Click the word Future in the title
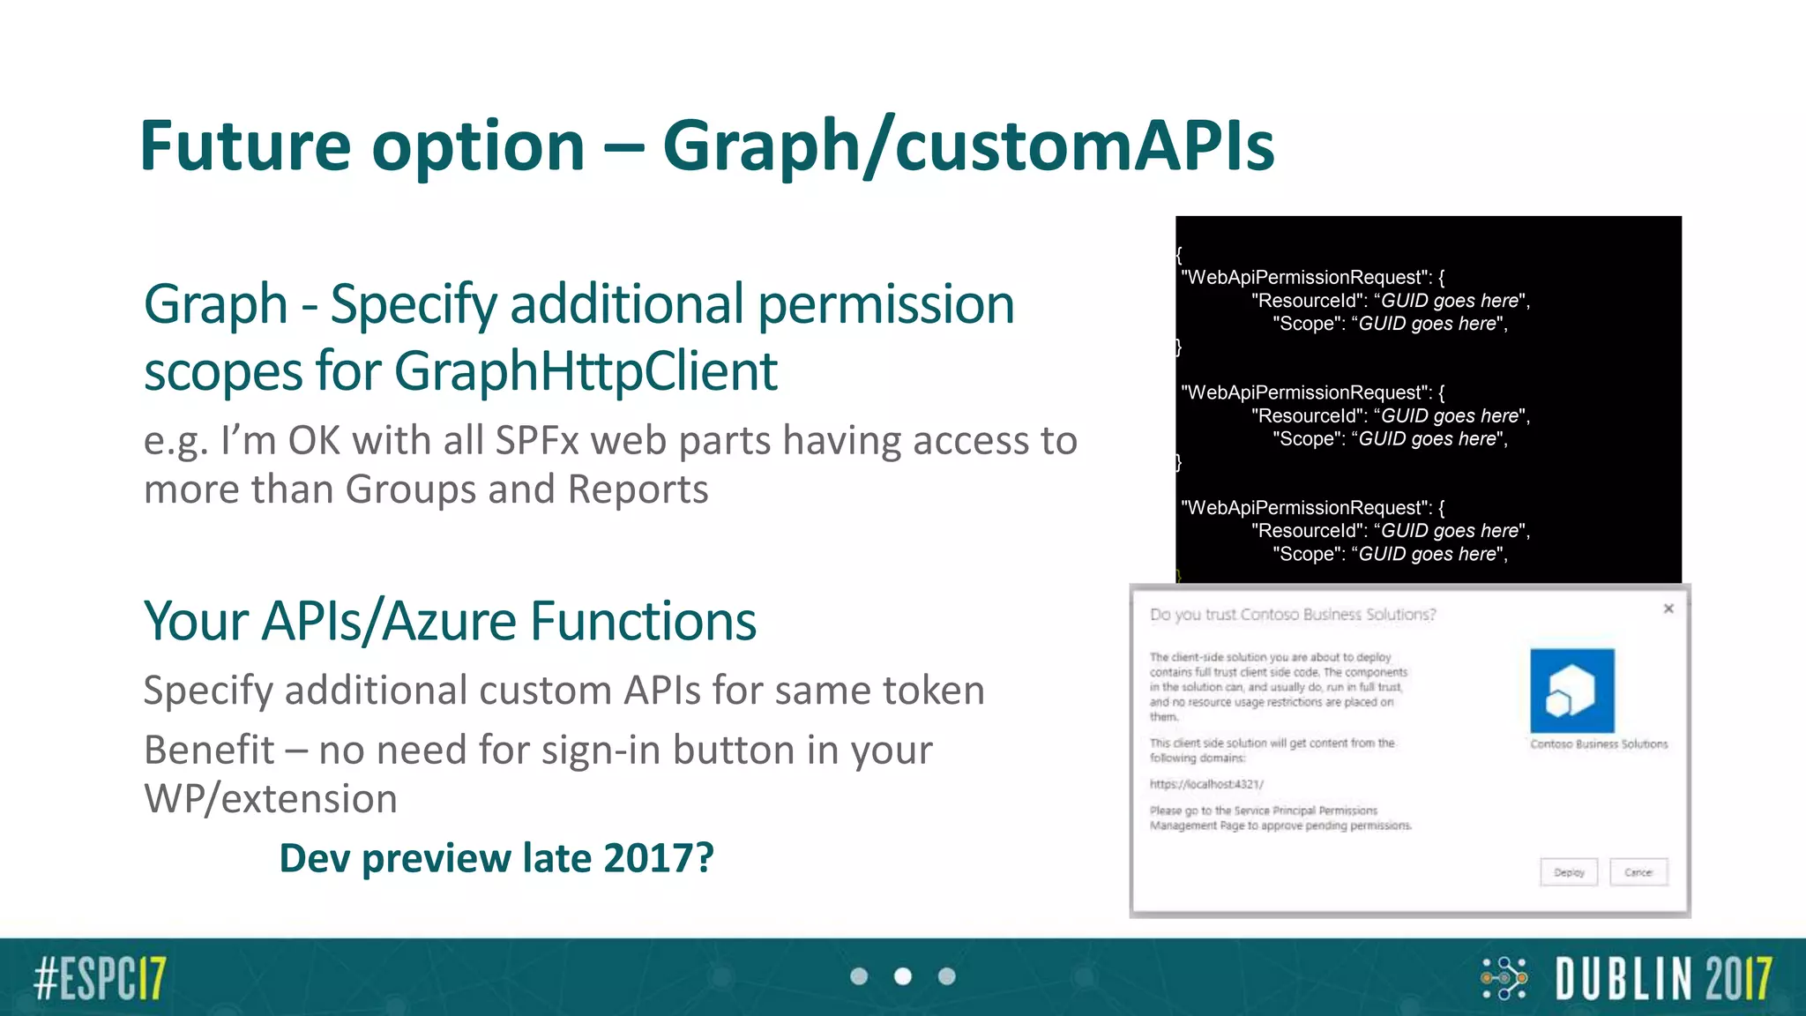pos(244,146)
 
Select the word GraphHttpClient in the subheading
pos(586,370)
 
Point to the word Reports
pos(638,489)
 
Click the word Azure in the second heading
pos(449,621)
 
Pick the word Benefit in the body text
pos(209,750)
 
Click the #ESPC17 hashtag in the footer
pos(100,977)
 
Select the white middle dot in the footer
pos(902,976)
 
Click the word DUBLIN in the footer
pos(1621,978)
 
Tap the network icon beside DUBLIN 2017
pos(1504,977)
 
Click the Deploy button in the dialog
pos(1569,872)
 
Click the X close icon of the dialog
pos(1668,609)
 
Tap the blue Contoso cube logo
pos(1571,691)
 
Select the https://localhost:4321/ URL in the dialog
pos(1206,784)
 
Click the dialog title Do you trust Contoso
pos(1292,615)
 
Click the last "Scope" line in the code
pos(1390,554)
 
